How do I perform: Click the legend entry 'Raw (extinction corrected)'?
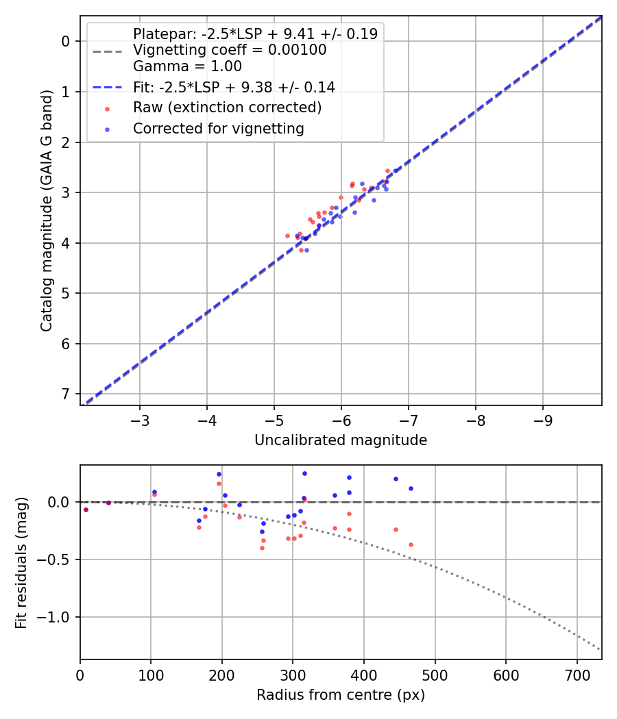coord(227,108)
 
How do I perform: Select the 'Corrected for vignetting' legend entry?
coord(218,128)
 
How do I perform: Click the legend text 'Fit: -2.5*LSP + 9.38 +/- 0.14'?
coord(234,87)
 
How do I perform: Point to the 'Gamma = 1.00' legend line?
coord(187,66)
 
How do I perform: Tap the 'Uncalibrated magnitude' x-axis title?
coord(341,440)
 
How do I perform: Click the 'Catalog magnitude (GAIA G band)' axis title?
coord(47,210)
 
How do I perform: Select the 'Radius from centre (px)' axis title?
coord(341,695)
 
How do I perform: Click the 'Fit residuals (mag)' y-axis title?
coord(22,563)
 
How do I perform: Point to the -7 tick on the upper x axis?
coord(409,419)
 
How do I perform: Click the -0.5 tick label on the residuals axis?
coord(58,559)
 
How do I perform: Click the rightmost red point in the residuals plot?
coord(411,544)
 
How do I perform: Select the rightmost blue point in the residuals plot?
coord(411,488)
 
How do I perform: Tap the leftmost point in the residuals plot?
coord(86,509)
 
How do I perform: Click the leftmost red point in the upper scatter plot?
coord(288,236)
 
